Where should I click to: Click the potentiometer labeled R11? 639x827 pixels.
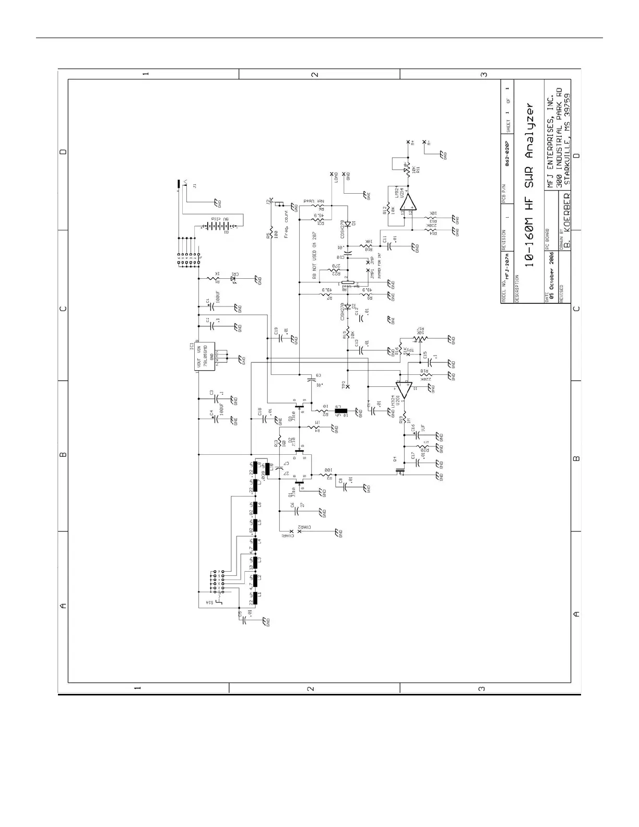(405, 169)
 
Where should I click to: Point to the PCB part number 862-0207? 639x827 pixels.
(507, 155)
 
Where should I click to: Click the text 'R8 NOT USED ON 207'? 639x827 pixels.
(315, 256)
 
